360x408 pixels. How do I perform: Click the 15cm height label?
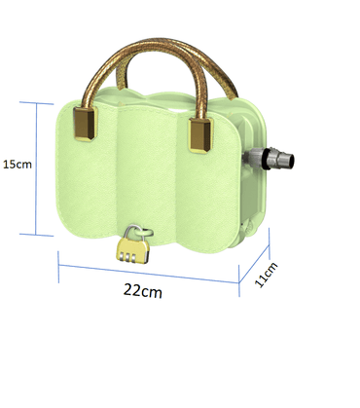coord(17,165)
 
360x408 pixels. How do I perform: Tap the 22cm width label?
coord(142,290)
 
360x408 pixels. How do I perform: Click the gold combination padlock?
coord(133,247)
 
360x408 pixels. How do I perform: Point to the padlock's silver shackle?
coord(139,232)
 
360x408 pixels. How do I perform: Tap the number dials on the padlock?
coord(133,254)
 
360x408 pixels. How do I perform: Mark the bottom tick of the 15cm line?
coord(37,234)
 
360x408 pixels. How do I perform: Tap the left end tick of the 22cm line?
coord(59,254)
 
